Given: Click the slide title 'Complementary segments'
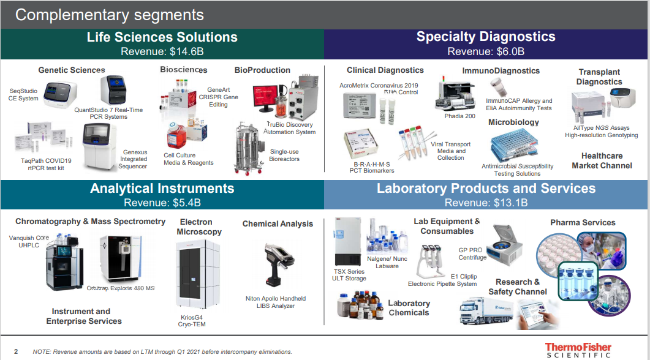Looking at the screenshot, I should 109,15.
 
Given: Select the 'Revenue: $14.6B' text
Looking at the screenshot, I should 162,51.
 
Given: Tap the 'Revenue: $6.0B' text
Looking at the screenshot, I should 486,51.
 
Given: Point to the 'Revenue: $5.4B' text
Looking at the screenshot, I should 162,203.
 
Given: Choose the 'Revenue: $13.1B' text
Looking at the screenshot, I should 486,203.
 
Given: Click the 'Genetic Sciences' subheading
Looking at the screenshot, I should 72,70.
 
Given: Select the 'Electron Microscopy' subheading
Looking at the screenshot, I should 196,227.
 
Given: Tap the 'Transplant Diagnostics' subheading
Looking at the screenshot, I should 599,77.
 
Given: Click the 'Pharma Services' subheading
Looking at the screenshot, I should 582,222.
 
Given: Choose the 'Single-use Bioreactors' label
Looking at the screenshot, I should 284,156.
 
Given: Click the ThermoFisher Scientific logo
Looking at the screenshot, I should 578,350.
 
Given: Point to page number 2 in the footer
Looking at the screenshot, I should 16,351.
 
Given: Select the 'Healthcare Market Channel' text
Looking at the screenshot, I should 602,160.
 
